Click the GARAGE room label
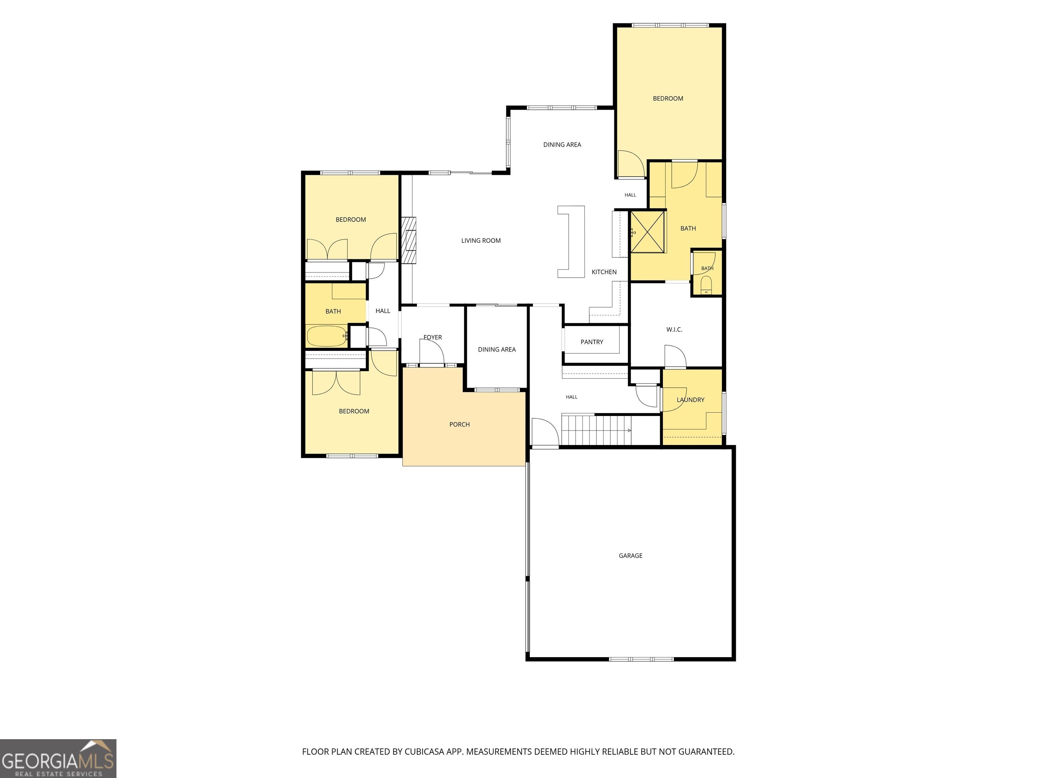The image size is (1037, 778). [x=631, y=556]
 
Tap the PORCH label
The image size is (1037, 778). [x=459, y=424]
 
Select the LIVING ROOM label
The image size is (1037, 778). [x=481, y=240]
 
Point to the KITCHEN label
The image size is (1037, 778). [x=604, y=272]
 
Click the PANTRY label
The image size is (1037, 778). [x=592, y=342]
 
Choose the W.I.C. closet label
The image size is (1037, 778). [x=674, y=330]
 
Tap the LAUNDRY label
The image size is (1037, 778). [x=691, y=400]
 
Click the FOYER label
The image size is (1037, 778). [x=433, y=337]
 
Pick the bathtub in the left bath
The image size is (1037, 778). [x=327, y=336]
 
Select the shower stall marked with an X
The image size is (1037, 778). [x=647, y=232]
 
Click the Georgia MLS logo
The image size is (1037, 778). [x=58, y=759]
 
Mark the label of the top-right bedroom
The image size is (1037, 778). [x=668, y=99]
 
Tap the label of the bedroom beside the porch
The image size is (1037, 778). [x=354, y=411]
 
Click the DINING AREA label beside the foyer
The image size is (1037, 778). [x=497, y=349]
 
